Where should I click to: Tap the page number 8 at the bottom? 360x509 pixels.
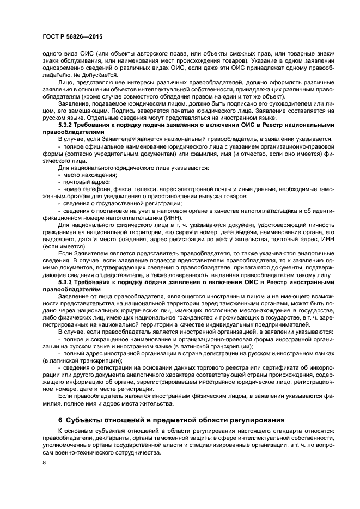44,463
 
